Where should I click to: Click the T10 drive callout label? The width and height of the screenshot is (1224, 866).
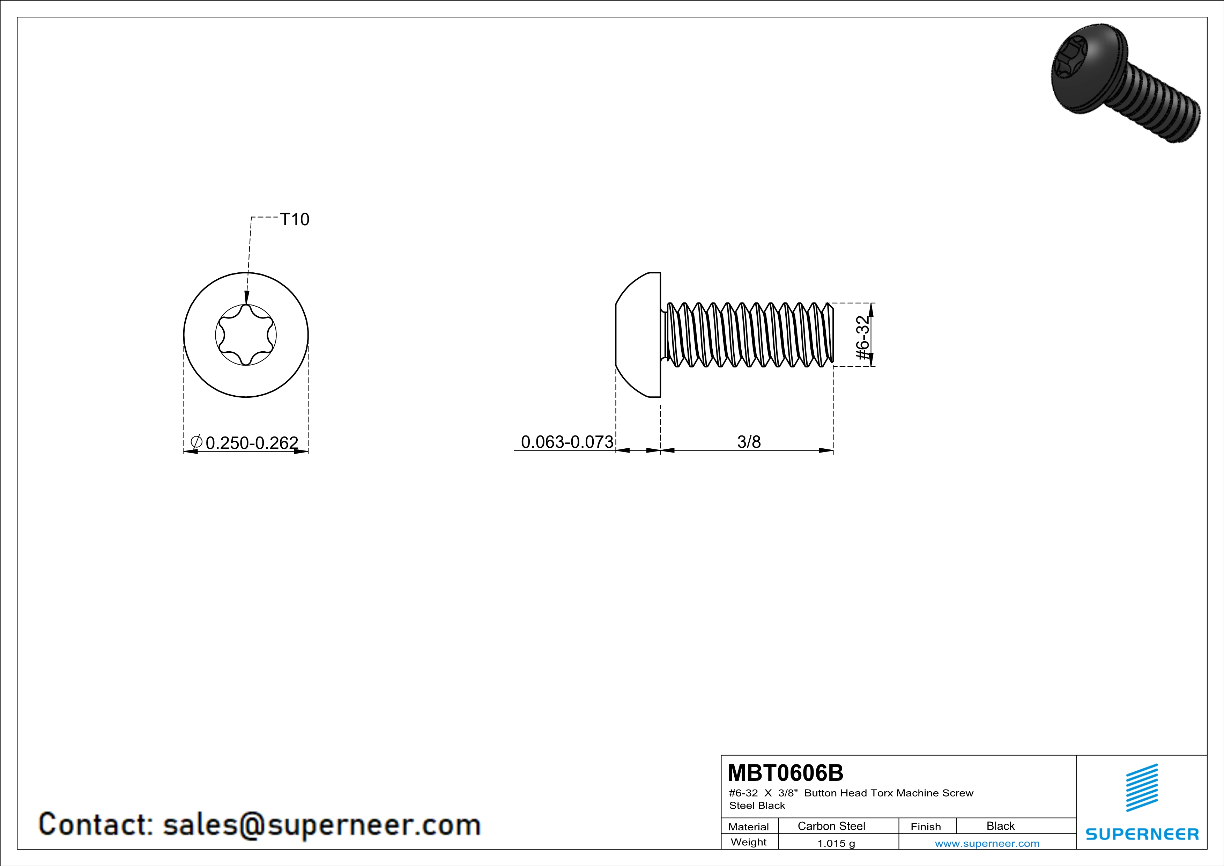[x=295, y=219]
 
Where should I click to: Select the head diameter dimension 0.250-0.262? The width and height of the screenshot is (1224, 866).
[x=252, y=442]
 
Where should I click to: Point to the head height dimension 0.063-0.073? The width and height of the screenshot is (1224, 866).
[x=567, y=441]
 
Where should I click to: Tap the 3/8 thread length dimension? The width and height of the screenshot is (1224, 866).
[x=749, y=441]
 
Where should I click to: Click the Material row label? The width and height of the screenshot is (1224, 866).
[x=749, y=827]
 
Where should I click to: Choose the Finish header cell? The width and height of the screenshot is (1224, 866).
[x=926, y=827]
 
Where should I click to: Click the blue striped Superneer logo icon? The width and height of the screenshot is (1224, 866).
[x=1142, y=788]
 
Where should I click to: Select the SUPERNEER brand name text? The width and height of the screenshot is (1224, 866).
[x=1142, y=834]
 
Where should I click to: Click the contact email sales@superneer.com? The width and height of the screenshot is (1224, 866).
[x=321, y=824]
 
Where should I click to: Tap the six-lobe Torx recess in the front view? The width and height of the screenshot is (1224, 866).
[x=246, y=335]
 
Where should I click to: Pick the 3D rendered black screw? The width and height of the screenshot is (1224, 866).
[x=1126, y=83]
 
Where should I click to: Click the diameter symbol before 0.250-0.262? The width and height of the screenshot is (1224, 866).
[x=196, y=441]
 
